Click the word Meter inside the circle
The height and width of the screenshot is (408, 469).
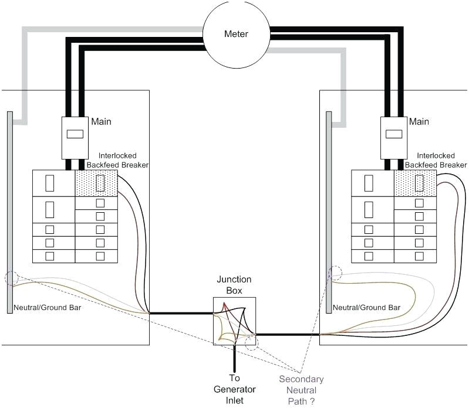[x=236, y=34]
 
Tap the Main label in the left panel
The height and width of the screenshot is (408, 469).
[x=101, y=122]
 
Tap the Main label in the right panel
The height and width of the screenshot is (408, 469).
[x=419, y=122]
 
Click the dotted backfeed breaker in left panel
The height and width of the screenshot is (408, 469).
[x=97, y=183]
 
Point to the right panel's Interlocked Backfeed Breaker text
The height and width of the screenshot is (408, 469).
[x=441, y=160]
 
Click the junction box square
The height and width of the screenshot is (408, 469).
[x=234, y=320]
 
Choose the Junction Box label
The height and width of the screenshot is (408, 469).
[x=234, y=285]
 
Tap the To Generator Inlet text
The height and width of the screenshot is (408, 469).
[x=234, y=389]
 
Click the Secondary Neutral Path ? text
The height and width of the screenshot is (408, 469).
[x=301, y=390]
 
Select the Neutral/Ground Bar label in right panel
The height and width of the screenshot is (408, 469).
[x=366, y=308]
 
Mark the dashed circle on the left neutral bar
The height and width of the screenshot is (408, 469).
[x=11, y=278]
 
